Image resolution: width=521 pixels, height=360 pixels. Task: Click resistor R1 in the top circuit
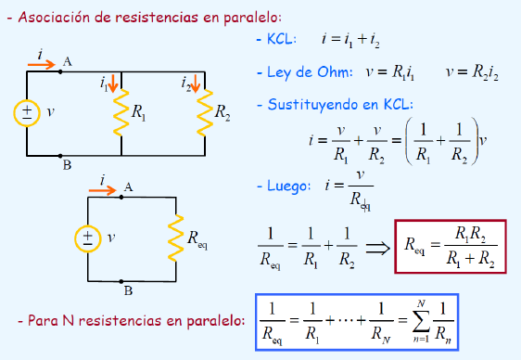point(121,112)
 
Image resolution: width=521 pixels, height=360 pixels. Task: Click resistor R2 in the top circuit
point(205,112)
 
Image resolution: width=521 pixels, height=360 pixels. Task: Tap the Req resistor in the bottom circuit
point(176,238)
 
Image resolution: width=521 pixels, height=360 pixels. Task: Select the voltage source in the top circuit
point(27,113)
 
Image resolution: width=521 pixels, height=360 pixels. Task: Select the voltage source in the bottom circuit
point(88,238)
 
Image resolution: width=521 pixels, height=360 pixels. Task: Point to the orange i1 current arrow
point(113,84)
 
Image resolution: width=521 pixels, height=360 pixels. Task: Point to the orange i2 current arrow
point(196,84)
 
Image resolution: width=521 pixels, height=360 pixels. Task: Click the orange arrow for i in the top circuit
point(42,64)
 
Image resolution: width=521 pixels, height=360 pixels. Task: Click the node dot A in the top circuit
point(60,71)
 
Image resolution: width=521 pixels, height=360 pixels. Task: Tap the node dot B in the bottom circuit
point(121,281)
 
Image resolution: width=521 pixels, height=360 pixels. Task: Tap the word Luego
point(287,186)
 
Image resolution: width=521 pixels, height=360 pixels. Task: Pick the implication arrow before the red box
point(377,248)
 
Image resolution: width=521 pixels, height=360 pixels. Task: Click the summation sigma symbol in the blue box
point(421,321)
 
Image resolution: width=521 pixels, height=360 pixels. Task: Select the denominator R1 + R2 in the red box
point(471,258)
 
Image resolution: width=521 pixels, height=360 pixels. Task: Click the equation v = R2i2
point(472,72)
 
